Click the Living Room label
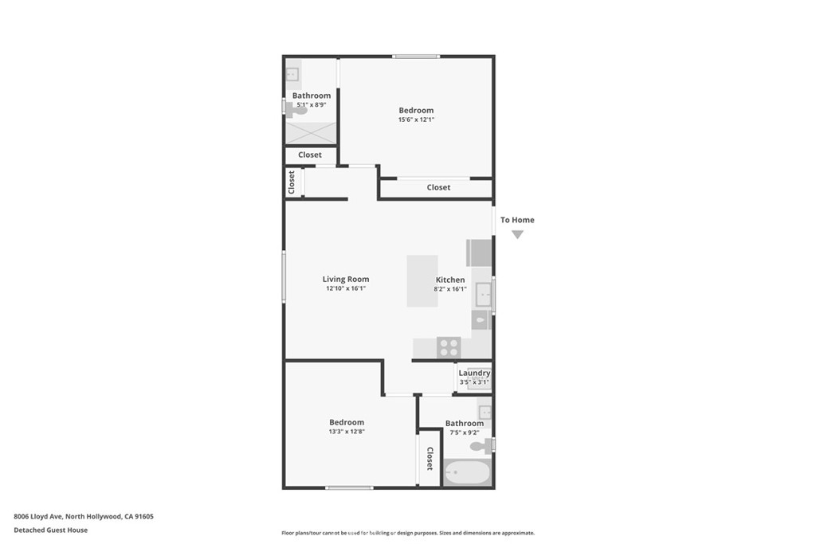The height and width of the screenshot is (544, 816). (x=346, y=280)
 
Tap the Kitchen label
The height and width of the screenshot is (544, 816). (x=450, y=280)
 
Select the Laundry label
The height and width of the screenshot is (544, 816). (x=474, y=373)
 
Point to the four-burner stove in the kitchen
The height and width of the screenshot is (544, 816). (x=449, y=347)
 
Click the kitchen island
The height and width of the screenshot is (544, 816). (x=422, y=281)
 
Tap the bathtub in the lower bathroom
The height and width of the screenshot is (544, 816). (x=467, y=472)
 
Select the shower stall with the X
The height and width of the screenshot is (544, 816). (x=311, y=133)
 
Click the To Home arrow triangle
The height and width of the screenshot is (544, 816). (x=516, y=234)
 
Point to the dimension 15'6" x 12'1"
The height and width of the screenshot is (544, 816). (x=416, y=119)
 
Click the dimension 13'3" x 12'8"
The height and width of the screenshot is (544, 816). (x=347, y=432)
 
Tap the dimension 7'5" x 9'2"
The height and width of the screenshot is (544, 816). (x=465, y=432)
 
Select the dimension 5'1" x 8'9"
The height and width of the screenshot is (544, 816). (x=312, y=104)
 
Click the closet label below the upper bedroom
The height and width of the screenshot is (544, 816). (x=438, y=187)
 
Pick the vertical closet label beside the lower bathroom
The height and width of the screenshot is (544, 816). (x=430, y=459)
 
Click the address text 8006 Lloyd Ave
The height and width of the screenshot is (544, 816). (x=38, y=516)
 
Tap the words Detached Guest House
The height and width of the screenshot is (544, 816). (x=50, y=530)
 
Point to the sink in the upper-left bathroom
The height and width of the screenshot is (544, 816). (x=292, y=75)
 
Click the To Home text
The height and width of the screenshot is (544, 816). (x=517, y=220)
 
